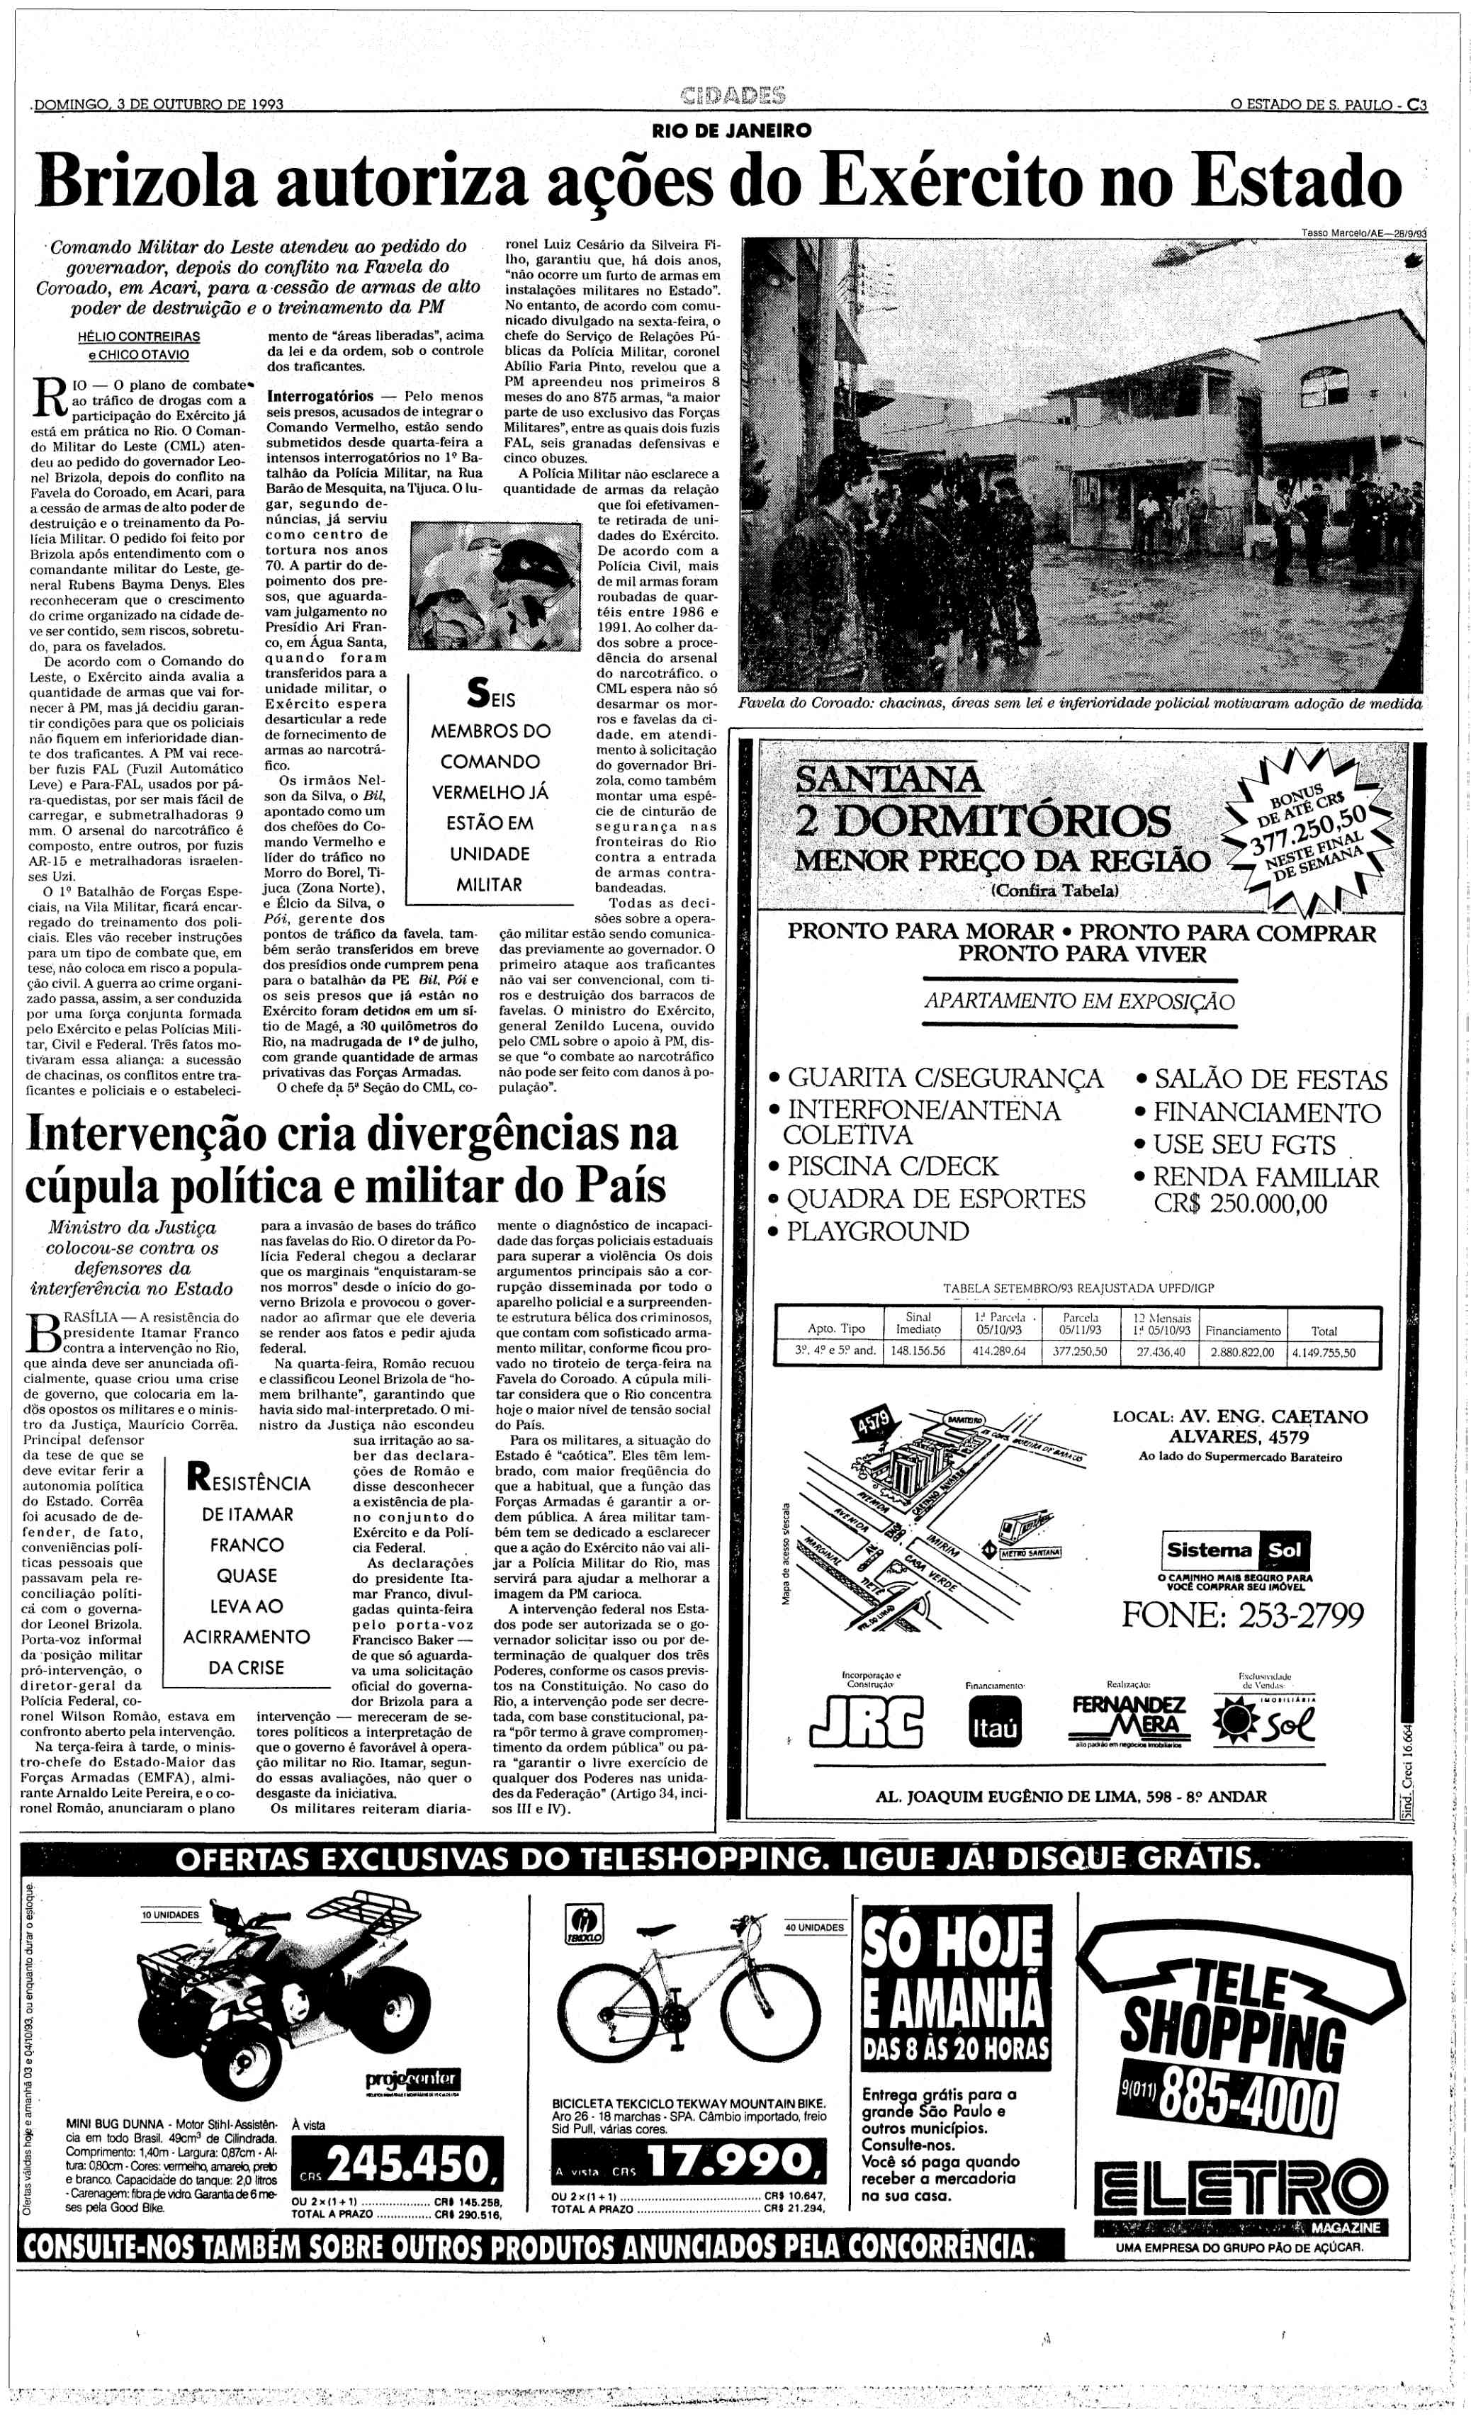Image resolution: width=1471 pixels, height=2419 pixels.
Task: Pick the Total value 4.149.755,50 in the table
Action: coord(1324,1352)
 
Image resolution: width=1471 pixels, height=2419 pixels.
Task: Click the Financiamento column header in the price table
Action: coord(1242,1330)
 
